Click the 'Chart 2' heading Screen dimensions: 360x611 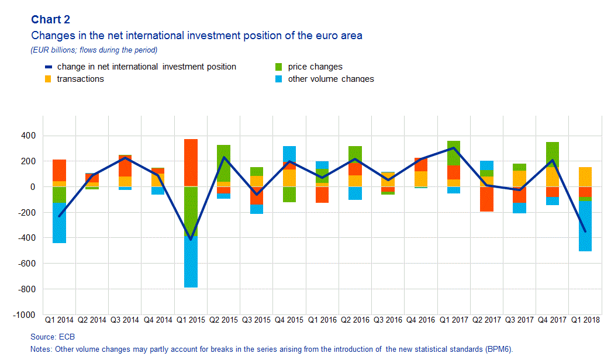coord(50,20)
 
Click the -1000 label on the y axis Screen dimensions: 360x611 coord(25,315)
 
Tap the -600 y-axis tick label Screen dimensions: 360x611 coord(26,264)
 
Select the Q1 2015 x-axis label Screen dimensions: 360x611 coord(191,320)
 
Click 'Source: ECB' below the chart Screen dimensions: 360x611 coord(53,337)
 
